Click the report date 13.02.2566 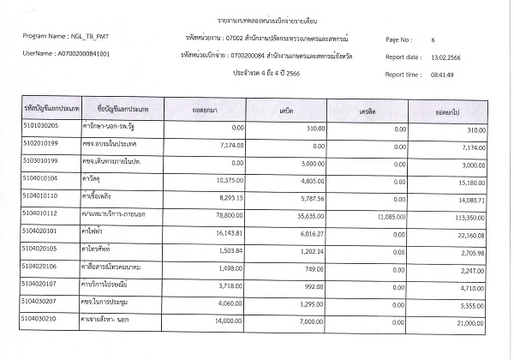[x=448, y=57]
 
